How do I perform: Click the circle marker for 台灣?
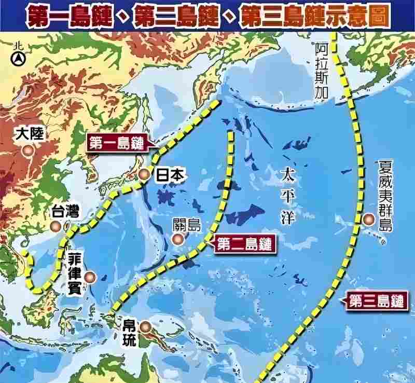(56, 226)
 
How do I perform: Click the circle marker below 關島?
(178, 239)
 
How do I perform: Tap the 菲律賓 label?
(74, 274)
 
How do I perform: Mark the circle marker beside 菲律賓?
(91, 278)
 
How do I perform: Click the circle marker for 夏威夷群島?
(369, 219)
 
